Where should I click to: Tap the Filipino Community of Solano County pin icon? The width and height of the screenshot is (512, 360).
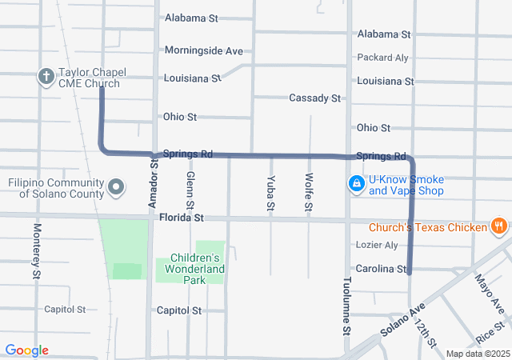point(117,188)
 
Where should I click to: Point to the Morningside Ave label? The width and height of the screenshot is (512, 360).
point(203,50)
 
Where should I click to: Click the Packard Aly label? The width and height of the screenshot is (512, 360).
point(382,58)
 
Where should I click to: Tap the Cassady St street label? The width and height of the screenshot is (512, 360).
point(314,98)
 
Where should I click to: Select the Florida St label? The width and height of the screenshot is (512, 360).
point(181,217)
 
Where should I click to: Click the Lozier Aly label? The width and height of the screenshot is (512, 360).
point(375,246)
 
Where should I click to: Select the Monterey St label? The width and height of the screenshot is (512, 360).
point(37,251)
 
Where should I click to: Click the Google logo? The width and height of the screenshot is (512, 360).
point(26,350)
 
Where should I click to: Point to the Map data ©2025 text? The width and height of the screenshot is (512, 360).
point(477,354)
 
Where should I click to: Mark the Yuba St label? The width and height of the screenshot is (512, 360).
point(271,193)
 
